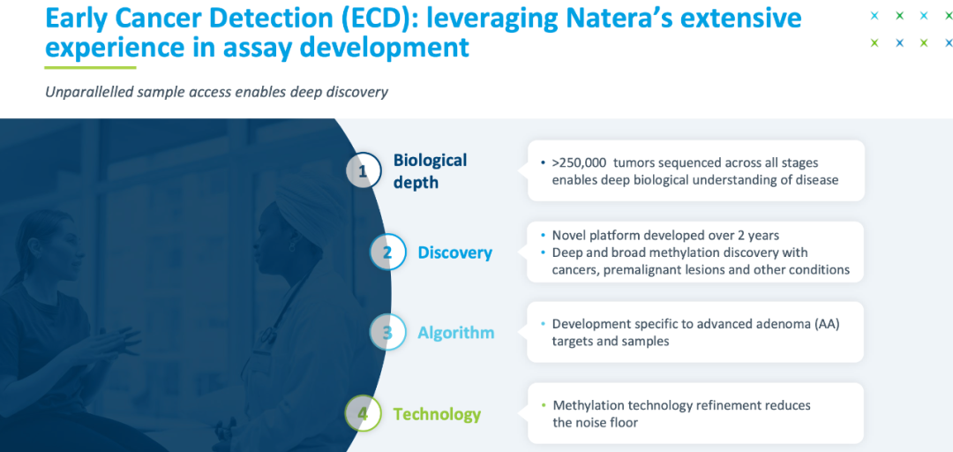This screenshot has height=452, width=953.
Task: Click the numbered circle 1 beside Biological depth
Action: click(x=364, y=170)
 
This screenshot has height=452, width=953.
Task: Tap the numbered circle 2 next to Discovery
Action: click(x=387, y=252)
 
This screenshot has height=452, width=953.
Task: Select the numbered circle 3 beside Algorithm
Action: click(x=387, y=332)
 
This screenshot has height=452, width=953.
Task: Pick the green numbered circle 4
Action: click(x=363, y=414)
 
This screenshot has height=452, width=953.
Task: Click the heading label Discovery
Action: click(x=454, y=252)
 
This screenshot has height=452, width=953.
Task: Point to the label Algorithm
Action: click(x=456, y=333)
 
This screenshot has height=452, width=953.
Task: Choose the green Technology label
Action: click(x=437, y=414)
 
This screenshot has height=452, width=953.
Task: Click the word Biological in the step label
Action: click(x=431, y=160)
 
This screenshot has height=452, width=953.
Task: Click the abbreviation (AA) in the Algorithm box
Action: click(x=827, y=324)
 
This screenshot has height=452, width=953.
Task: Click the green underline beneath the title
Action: click(x=91, y=67)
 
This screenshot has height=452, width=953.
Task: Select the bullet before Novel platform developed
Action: click(x=543, y=236)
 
